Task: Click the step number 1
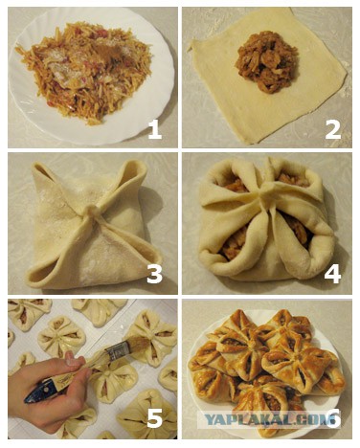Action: click(x=155, y=130)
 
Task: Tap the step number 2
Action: click(x=333, y=130)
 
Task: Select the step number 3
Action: click(x=155, y=275)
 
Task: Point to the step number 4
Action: click(x=332, y=275)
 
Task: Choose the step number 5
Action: click(x=155, y=418)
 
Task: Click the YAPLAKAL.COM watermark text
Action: click(x=264, y=419)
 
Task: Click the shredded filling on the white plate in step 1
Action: click(x=84, y=70)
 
